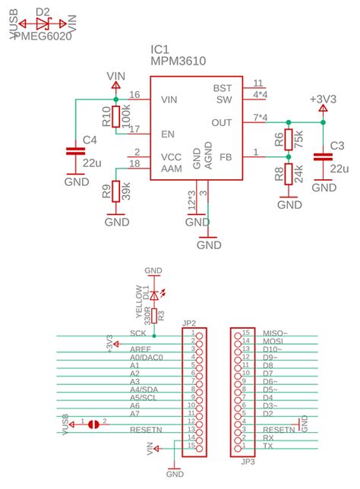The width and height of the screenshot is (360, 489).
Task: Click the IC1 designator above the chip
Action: pyautogui.click(x=160, y=49)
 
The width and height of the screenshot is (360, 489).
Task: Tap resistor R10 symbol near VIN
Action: pyautogui.click(x=115, y=116)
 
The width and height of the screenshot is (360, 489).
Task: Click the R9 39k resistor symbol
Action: pyautogui.click(x=115, y=191)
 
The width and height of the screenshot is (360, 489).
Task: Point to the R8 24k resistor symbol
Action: pyautogui.click(x=289, y=175)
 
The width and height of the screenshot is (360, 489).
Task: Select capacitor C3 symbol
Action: pyautogui.click(x=324, y=156)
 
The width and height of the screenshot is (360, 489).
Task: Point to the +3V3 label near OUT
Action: pyautogui.click(x=323, y=99)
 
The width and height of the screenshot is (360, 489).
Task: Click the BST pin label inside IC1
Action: pyautogui.click(x=222, y=88)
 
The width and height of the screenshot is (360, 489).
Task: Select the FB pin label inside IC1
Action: pyautogui.click(x=225, y=157)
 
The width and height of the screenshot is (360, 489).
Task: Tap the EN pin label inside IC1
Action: pyautogui.click(x=169, y=134)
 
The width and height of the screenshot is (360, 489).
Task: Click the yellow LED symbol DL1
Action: pyautogui.click(x=154, y=294)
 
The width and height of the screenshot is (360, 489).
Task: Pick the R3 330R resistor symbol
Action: pyautogui.click(x=154, y=315)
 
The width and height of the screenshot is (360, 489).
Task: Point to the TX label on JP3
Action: pyautogui.click(x=267, y=446)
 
